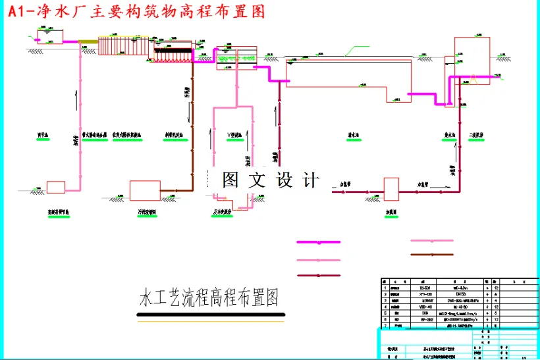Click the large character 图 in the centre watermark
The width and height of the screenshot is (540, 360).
(x=230, y=180)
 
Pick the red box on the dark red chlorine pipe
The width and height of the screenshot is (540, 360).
(x=392, y=190)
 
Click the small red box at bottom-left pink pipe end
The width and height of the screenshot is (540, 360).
(x=56, y=187)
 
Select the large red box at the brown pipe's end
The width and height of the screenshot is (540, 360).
(x=144, y=190)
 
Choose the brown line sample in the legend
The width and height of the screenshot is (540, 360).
(x=432, y=254)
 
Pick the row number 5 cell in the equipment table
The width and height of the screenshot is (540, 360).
(x=385, y=313)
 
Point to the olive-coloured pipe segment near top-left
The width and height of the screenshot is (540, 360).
(x=88, y=42)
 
